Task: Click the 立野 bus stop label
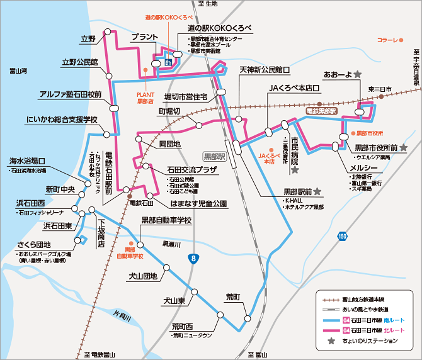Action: point(88,39)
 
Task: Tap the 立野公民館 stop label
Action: point(79,62)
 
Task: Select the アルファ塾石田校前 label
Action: point(70,94)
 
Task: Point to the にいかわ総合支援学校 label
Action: point(62,119)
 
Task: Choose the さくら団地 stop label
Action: point(35,245)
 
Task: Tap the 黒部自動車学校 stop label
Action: point(166,220)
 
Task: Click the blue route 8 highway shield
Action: point(193,258)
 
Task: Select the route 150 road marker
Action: point(342,236)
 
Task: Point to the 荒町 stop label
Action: point(232,296)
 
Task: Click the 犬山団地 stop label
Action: point(142,276)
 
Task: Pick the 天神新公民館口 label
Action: point(264,69)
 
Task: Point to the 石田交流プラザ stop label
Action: point(191,170)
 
